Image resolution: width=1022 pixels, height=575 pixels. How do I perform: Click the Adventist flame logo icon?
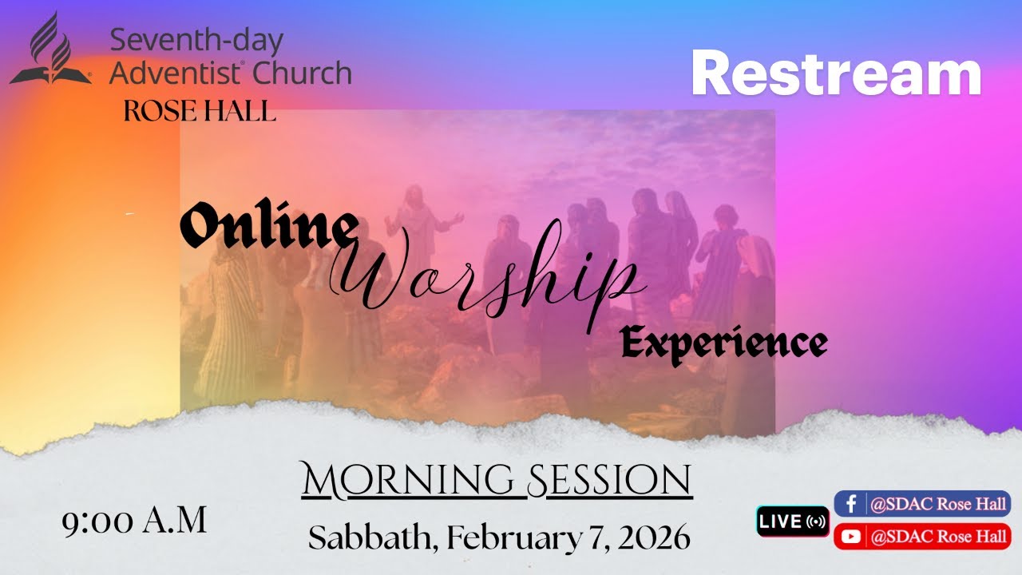pyautogui.click(x=50, y=50)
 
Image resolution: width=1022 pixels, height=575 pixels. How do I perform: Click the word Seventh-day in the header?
pyautogui.click(x=196, y=40)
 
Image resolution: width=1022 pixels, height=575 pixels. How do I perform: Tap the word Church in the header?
pyautogui.click(x=302, y=73)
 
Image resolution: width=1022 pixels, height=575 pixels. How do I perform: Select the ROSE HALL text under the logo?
pyautogui.click(x=200, y=111)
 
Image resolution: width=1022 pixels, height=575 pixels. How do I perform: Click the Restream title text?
pyautogui.click(x=836, y=73)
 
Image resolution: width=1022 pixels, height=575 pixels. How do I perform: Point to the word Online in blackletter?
pyautogui.click(x=267, y=228)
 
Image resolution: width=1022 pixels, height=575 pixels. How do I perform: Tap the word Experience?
pyautogui.click(x=723, y=343)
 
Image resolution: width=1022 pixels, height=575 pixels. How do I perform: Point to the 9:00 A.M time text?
pyautogui.click(x=135, y=521)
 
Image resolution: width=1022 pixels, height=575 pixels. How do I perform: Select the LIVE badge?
pyautogui.click(x=792, y=521)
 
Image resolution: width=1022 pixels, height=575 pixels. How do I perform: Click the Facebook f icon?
pyautogui.click(x=851, y=504)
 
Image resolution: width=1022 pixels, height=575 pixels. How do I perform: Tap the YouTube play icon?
pyautogui.click(x=851, y=537)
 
